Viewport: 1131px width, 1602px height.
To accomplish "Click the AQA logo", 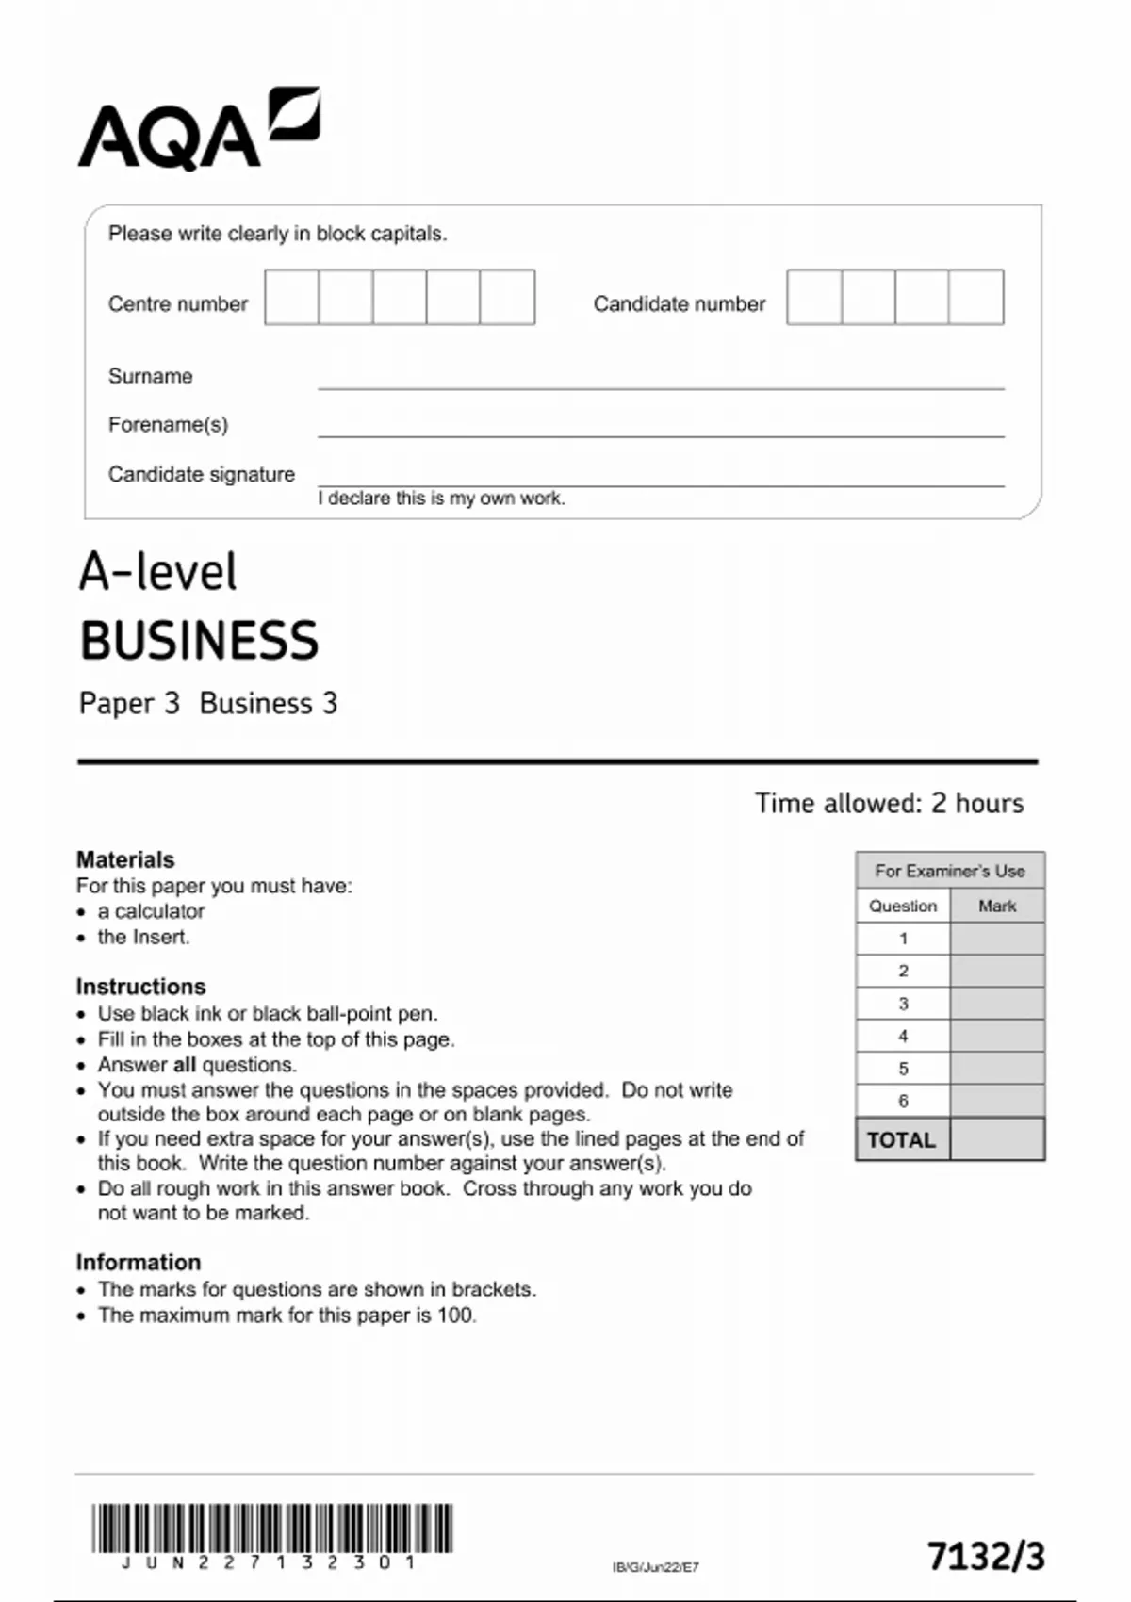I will [198, 129].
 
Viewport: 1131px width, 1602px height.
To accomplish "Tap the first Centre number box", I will [291, 298].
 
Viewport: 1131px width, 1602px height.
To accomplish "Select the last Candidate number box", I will [976, 298].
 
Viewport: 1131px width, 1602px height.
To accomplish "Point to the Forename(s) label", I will [168, 425].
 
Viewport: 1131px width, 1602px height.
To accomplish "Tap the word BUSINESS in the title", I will [199, 641].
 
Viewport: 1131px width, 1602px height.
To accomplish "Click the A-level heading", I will [157, 572].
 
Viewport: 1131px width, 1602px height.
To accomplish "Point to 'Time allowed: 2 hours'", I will [888, 803].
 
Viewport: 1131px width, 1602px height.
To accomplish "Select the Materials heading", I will [125, 859].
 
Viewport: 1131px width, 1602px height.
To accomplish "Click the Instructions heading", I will [140, 987].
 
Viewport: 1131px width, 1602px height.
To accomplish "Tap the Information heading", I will [139, 1263].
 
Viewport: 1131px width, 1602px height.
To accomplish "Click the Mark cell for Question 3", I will [997, 1004].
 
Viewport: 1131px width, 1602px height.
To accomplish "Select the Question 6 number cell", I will [903, 1101].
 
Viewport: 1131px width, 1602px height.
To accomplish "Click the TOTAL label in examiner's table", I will [901, 1140].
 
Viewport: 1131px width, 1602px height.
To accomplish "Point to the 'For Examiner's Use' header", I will [949, 871].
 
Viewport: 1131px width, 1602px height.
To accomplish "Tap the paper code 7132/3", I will [986, 1557].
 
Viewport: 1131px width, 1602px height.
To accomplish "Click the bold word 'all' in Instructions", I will [185, 1065].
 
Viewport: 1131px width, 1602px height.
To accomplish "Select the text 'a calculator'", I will [151, 911].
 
